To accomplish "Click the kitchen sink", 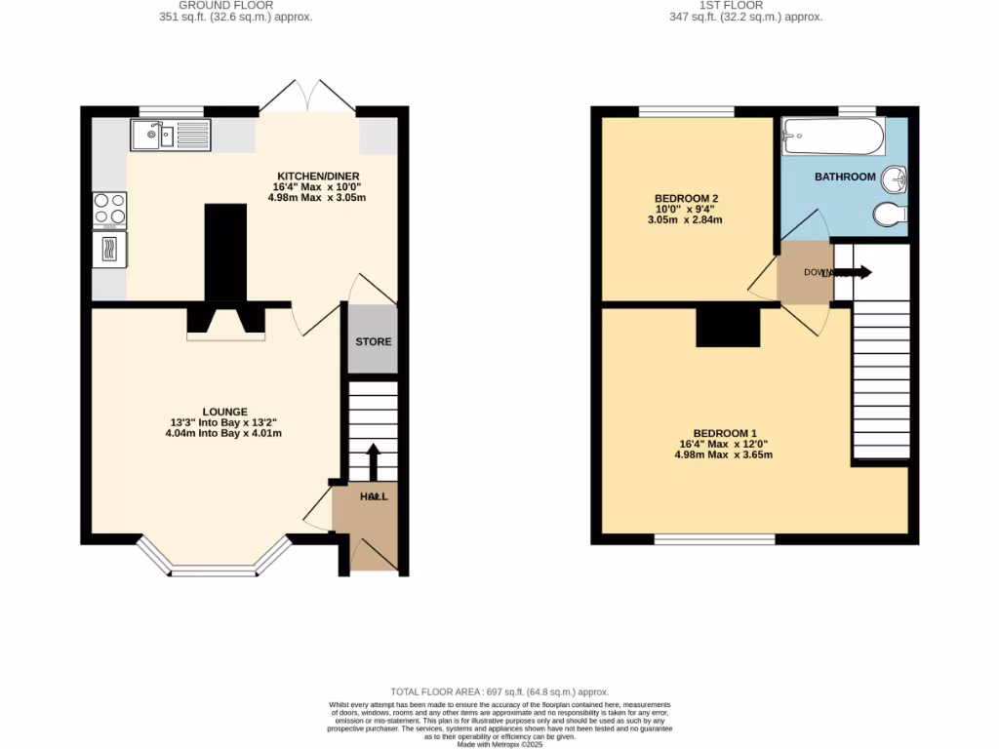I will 169,135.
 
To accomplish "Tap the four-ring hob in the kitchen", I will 109,210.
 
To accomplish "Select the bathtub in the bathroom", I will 833,137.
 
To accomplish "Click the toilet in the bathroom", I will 891,214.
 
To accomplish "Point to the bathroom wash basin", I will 895,179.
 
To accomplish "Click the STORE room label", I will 373,341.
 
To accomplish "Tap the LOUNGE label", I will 224,412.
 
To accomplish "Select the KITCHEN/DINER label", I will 316,176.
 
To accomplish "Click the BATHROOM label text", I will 845,177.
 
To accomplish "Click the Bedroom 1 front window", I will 715,538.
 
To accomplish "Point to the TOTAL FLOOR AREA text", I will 499,690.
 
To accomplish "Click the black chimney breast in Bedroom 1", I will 728,326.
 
